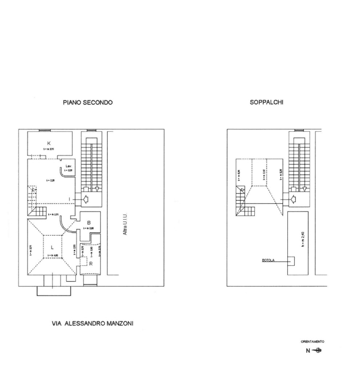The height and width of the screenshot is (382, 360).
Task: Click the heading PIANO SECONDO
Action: click(x=88, y=102)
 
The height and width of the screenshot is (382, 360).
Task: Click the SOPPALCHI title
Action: click(x=266, y=102)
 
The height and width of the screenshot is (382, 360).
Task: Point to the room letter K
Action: click(x=48, y=143)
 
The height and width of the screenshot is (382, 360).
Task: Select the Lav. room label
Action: click(x=68, y=166)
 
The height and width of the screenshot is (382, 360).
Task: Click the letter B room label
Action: click(x=90, y=222)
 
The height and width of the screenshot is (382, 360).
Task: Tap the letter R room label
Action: click(x=91, y=263)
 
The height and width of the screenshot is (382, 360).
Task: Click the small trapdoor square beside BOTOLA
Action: click(x=291, y=261)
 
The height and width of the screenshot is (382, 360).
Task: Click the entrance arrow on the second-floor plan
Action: click(x=83, y=199)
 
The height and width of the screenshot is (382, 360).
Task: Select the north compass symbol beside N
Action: click(x=318, y=350)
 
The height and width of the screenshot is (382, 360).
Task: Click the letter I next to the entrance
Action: click(x=71, y=199)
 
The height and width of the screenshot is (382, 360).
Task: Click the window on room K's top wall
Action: click(x=44, y=131)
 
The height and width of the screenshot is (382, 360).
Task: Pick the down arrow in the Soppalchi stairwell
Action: click(x=305, y=188)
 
